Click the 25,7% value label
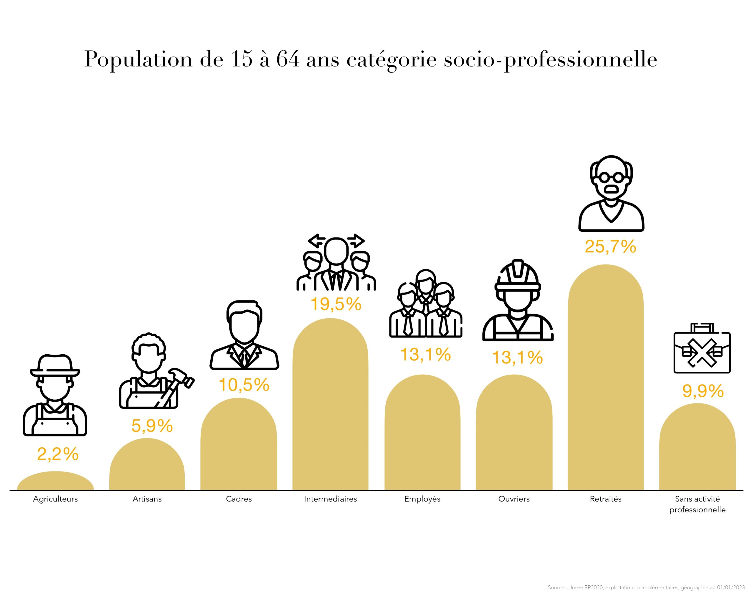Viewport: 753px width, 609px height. [610, 247]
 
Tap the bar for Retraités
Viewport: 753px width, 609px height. [605, 386]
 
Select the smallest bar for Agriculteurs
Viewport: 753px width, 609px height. [55, 482]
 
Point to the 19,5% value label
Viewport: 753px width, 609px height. [336, 304]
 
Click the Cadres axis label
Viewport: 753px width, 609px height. [239, 499]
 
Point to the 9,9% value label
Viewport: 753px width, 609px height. [702, 391]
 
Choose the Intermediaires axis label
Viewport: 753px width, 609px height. [330, 499]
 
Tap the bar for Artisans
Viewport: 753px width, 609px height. [147, 466]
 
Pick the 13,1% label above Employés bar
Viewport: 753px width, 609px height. [425, 355]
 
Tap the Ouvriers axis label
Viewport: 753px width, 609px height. [514, 499]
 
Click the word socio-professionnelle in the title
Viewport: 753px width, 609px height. [550, 60]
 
